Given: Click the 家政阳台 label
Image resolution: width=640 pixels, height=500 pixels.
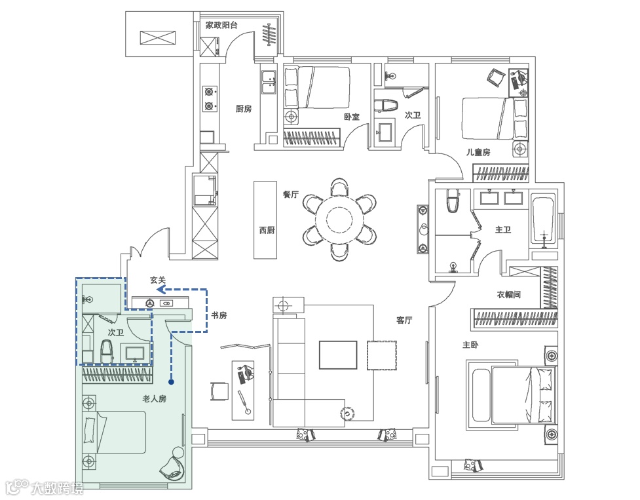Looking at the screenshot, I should coord(221,26).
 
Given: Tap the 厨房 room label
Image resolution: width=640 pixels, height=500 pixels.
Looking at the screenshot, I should coord(243,109).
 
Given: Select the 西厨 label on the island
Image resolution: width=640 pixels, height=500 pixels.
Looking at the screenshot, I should coord(267,230).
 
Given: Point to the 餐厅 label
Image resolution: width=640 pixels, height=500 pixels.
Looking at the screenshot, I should coord(290,195).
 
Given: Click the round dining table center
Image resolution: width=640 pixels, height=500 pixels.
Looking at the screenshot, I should coord(339,219).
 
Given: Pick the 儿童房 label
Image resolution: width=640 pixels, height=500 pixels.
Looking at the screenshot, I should coord(478,152).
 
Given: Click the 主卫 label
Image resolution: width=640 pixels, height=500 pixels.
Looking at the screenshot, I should coord(502,230).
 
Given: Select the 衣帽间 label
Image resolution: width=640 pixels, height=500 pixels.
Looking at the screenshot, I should coord(508,295).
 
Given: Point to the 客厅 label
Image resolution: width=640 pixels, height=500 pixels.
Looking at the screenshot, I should coord(404,320).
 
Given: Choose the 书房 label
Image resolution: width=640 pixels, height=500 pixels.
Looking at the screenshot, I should coord(219,316).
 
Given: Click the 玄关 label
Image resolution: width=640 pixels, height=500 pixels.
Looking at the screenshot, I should coord(157,280).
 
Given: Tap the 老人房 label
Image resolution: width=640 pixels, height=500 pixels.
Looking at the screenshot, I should coord(154,398).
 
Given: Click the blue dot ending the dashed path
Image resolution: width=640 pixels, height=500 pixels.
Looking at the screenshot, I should coord(171,381).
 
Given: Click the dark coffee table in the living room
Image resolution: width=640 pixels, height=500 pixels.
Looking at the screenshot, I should coord(338,355).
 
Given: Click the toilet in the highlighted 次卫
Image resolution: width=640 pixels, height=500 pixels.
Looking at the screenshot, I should coord(107,353).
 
